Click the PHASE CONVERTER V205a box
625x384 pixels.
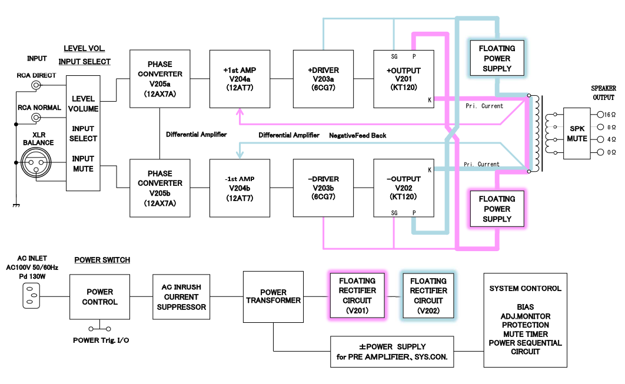click(160, 79)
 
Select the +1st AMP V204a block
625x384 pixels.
click(240, 79)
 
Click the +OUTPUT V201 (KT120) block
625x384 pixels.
click(404, 79)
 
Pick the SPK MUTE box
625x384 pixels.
click(577, 133)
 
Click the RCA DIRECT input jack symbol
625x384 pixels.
click(37, 86)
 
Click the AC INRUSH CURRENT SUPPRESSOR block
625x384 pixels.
click(181, 297)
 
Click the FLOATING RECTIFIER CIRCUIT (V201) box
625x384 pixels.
click(357, 296)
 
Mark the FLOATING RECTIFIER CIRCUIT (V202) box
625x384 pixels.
click(428, 296)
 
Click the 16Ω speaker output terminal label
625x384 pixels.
click(609, 115)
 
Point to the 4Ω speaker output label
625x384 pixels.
click(610, 140)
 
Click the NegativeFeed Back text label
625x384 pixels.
click(358, 135)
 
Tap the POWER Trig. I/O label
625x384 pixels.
click(101, 340)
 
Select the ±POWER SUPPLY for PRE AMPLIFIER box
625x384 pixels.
click(392, 351)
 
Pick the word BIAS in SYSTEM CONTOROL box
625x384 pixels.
click(525, 307)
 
